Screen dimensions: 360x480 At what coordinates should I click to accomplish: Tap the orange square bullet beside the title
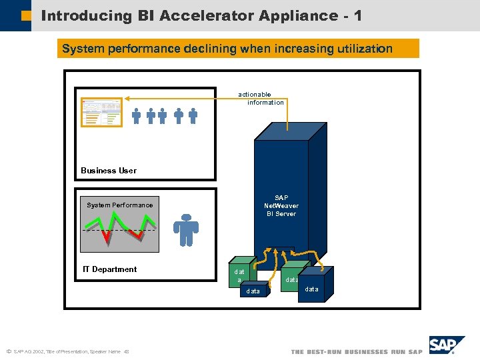coord(26,15)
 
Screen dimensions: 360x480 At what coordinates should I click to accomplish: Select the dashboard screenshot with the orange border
coord(101,112)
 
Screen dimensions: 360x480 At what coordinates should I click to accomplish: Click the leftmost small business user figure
coord(136,116)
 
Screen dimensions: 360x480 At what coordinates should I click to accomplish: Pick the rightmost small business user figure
coord(193,116)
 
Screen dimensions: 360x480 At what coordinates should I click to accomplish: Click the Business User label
coord(109,171)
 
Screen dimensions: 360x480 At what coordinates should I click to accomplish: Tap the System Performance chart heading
coord(120,205)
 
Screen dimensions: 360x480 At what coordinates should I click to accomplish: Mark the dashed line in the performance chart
coord(120,230)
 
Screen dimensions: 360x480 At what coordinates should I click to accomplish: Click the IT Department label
coord(109,269)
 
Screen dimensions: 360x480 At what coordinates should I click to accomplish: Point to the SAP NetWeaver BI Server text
coord(281,206)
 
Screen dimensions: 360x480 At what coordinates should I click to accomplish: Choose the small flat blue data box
coord(254,291)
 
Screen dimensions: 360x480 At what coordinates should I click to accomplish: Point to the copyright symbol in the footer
coord(8,351)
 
